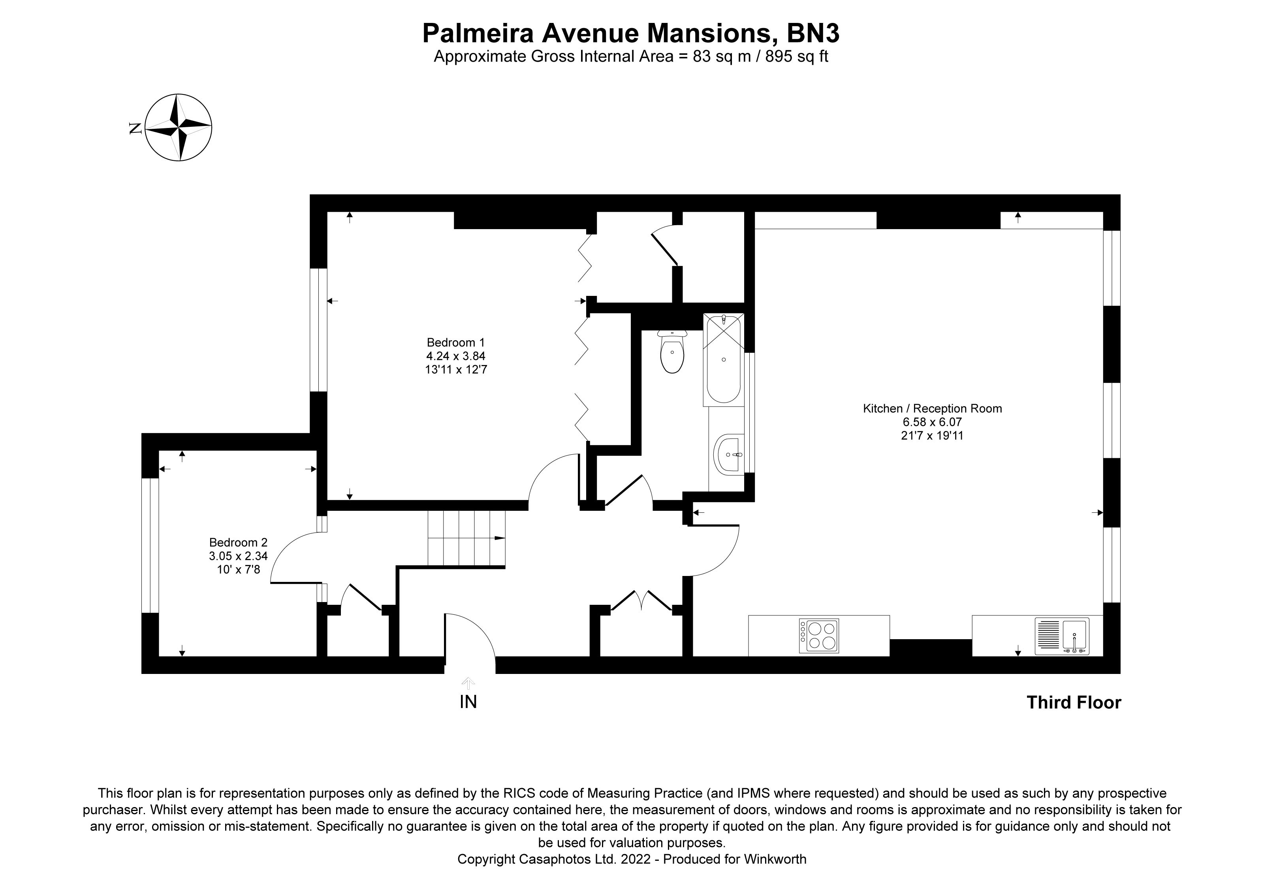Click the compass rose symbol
point(179,128)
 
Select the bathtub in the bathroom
point(723,360)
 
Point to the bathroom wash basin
point(728,455)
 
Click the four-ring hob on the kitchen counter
point(819,636)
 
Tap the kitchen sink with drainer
point(1061,636)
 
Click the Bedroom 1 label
point(456,342)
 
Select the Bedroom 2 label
point(238,542)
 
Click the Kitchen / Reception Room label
point(932,408)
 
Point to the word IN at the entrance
point(468,702)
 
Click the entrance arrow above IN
point(468,683)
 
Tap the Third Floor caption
point(1074,702)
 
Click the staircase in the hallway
point(466,538)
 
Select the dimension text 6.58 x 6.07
point(932,422)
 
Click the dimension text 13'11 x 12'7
point(456,369)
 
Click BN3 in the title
point(813,34)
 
